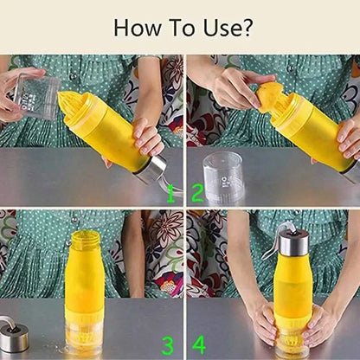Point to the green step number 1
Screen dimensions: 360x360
pos(170,191)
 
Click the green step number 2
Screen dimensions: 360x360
pos(197,191)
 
